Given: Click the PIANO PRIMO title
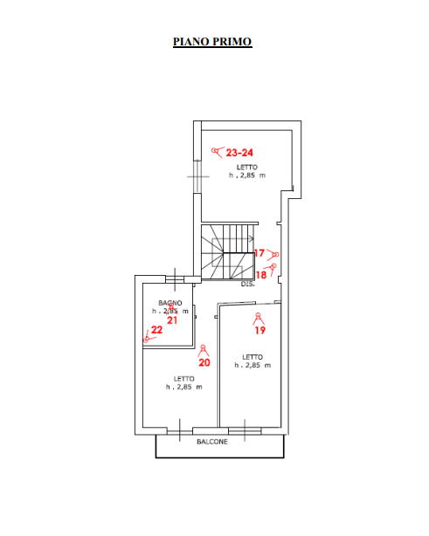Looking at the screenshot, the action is click(212, 42).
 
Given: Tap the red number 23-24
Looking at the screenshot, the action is click(239, 153).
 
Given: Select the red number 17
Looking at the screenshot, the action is click(259, 253).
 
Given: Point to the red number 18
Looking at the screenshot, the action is click(261, 275).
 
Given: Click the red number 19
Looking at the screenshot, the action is click(260, 330).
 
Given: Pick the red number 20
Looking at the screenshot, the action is click(204, 362).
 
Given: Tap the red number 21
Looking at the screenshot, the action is click(172, 320).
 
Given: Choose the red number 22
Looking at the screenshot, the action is click(156, 330).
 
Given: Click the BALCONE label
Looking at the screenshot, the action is click(212, 442).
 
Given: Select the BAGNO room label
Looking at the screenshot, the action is click(170, 303).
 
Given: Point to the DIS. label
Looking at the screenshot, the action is click(247, 284).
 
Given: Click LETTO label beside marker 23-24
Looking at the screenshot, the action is click(247, 167).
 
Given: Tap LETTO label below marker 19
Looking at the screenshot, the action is click(253, 357).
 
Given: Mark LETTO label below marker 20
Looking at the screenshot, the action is click(183, 379).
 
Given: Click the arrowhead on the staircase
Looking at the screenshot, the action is click(252, 238).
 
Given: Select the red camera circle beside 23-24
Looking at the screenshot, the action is click(214, 150).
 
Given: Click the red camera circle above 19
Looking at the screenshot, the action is click(259, 315).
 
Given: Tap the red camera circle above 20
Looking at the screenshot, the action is click(203, 347).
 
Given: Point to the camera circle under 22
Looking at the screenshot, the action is click(146, 340).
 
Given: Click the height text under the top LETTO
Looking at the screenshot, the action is click(247, 175).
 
